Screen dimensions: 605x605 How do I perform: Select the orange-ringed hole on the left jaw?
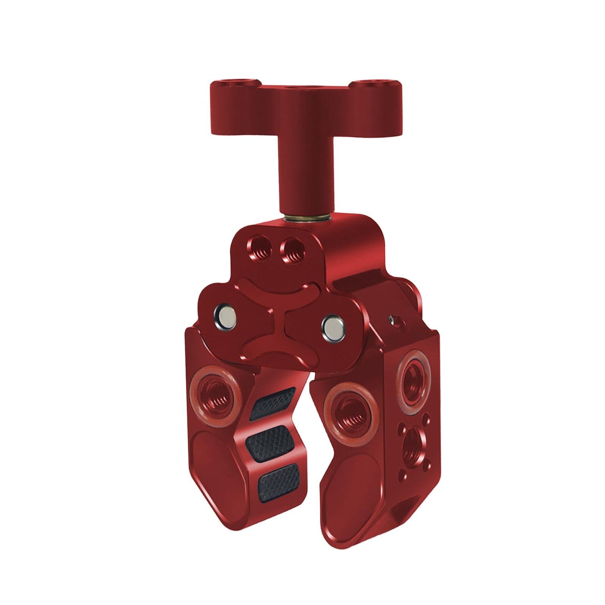pos(211,394)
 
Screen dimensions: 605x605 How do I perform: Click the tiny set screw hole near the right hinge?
pos(392,321)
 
